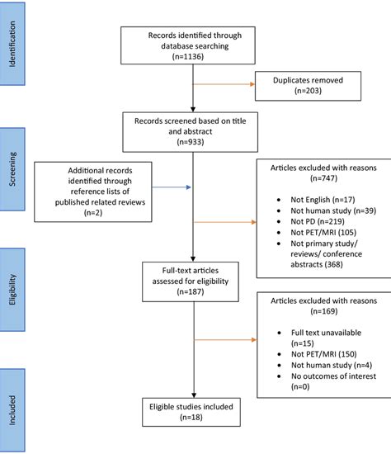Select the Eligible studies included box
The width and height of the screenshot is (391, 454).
192,412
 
